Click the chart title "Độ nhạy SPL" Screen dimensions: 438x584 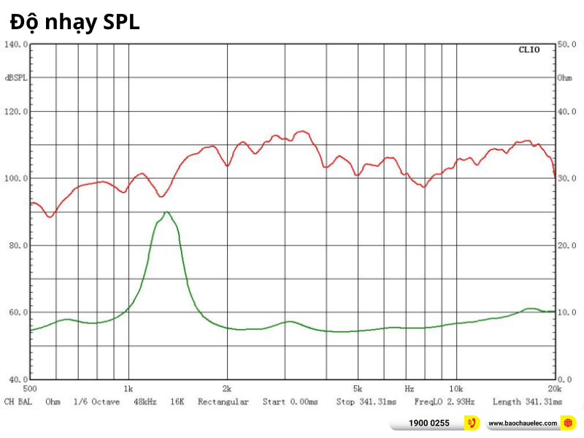(x=74, y=23)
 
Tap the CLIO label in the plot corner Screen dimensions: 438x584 (x=529, y=50)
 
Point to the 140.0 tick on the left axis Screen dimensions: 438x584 (x=17, y=45)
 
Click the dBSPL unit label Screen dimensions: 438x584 (x=16, y=77)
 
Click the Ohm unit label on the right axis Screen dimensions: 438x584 (x=564, y=77)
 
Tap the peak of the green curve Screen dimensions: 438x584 (x=167, y=212)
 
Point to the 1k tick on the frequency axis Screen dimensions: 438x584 (x=128, y=388)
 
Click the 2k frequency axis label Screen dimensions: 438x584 (x=227, y=388)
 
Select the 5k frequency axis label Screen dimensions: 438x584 (x=357, y=388)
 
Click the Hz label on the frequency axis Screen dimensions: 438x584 (x=410, y=388)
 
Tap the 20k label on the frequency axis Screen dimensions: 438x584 (x=553, y=388)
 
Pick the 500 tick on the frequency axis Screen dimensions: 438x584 (x=31, y=388)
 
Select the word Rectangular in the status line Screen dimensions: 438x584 (x=223, y=401)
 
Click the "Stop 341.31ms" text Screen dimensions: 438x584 (x=366, y=401)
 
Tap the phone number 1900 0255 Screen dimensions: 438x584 (x=429, y=423)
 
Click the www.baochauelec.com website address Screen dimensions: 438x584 (x=523, y=423)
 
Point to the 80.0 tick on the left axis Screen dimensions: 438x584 (x=17, y=245)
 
